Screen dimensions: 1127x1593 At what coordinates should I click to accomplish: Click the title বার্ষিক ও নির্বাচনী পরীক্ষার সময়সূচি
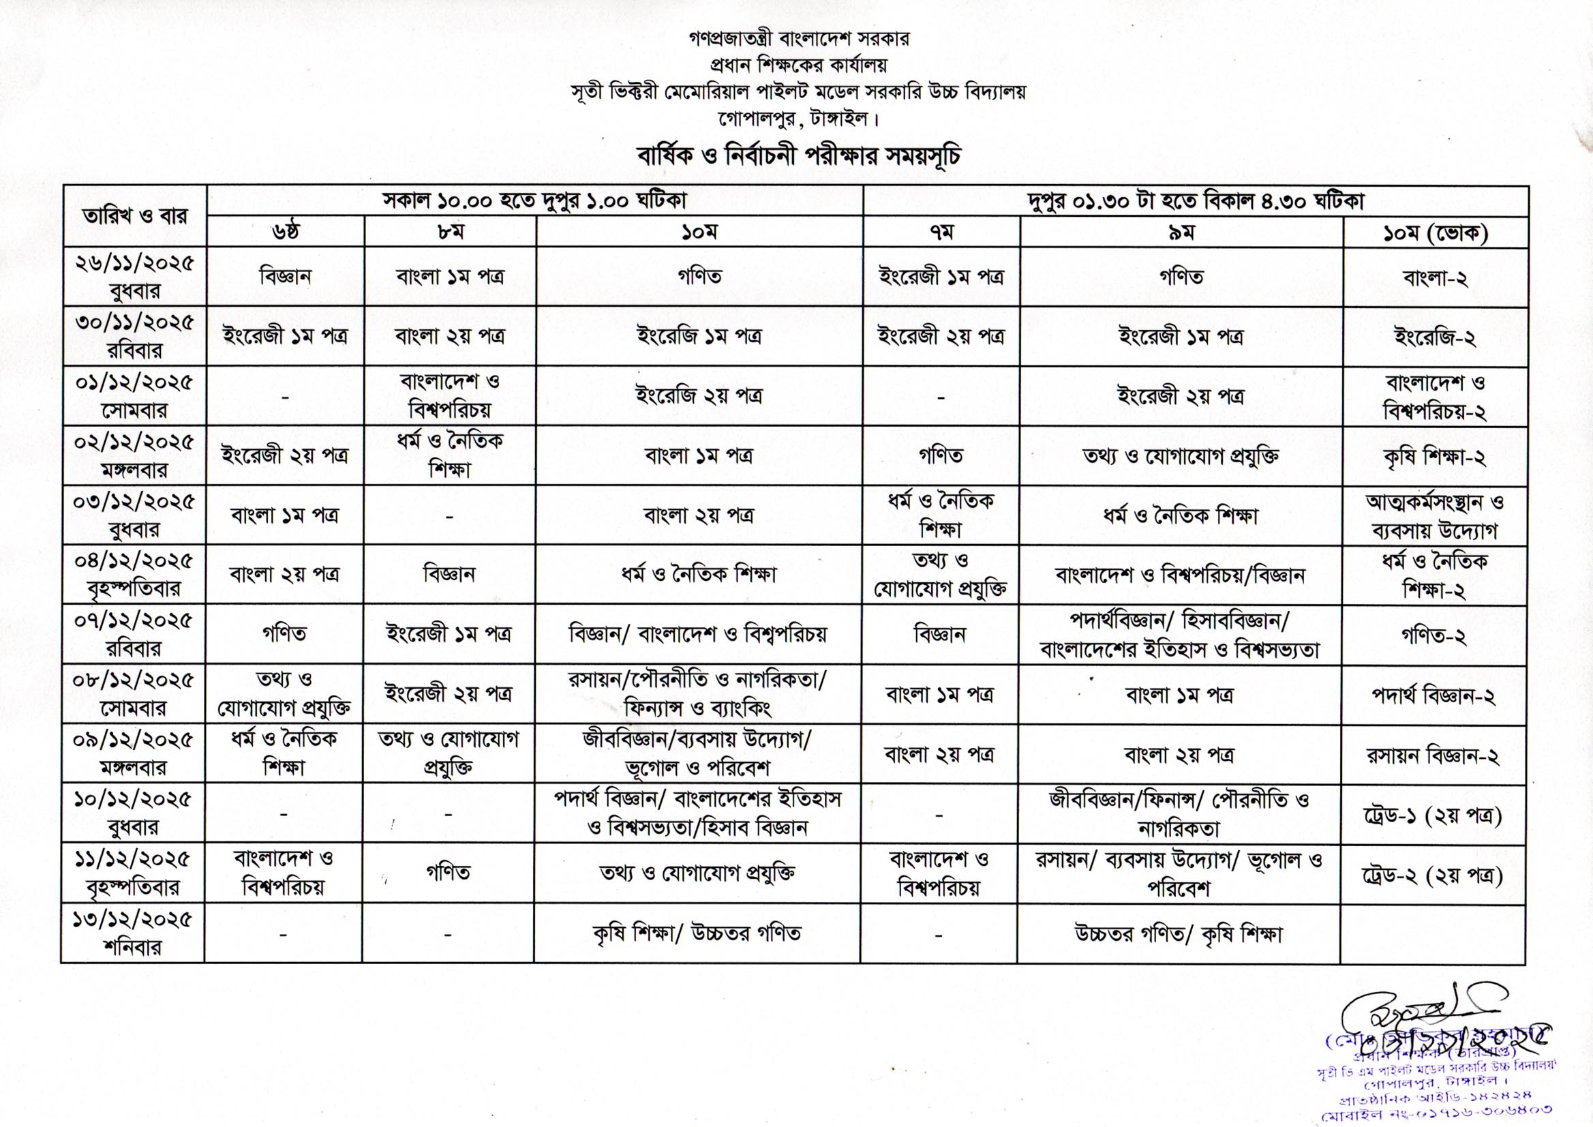click(799, 156)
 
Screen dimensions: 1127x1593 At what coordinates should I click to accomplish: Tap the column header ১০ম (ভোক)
click(1436, 233)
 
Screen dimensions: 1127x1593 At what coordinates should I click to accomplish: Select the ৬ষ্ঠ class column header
click(285, 232)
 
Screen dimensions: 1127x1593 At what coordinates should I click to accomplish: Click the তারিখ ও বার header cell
click(134, 216)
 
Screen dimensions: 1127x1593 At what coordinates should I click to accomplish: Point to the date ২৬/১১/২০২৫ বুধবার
click(134, 276)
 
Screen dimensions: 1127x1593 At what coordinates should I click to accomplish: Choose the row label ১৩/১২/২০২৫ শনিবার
click(132, 933)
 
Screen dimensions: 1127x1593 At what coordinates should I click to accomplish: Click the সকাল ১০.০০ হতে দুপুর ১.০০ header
click(534, 201)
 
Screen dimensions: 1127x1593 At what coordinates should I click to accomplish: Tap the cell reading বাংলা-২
click(1435, 278)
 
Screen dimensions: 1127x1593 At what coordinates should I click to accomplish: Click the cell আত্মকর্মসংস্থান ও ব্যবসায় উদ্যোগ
click(1434, 516)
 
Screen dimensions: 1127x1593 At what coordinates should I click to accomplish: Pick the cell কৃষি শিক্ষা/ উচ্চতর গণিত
click(697, 933)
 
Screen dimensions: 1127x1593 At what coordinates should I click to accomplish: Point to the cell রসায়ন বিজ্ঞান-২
click(1433, 755)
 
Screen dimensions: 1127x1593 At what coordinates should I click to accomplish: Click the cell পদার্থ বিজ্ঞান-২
click(1433, 695)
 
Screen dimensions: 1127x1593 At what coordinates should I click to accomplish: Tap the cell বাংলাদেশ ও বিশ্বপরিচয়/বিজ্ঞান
click(1180, 575)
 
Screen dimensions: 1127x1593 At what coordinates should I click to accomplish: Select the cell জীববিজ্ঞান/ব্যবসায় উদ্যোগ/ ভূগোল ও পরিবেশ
click(697, 754)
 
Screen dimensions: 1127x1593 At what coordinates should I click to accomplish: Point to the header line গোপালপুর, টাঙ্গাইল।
click(799, 119)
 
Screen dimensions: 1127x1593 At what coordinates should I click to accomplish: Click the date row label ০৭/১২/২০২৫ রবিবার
click(133, 634)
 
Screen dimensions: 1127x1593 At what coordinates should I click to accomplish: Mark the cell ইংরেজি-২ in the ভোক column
click(1435, 338)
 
